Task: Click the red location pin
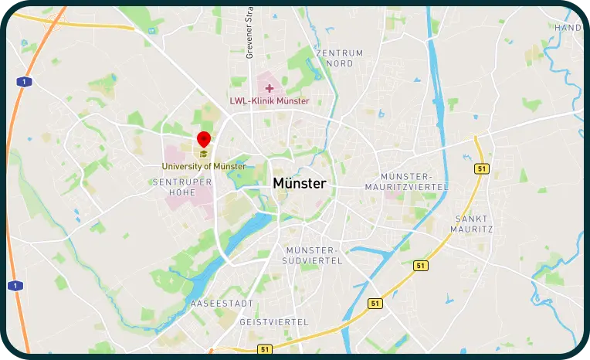click(204, 139)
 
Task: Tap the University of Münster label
click(204, 166)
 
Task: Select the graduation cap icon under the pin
click(204, 153)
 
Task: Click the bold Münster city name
click(299, 184)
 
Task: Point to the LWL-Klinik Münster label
click(269, 101)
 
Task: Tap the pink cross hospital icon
click(269, 88)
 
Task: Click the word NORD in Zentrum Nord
click(339, 64)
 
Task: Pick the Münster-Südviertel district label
click(314, 256)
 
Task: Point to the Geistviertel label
click(274, 321)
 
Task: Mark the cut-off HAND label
click(568, 28)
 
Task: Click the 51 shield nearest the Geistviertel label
click(265, 350)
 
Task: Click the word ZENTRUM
click(339, 53)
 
